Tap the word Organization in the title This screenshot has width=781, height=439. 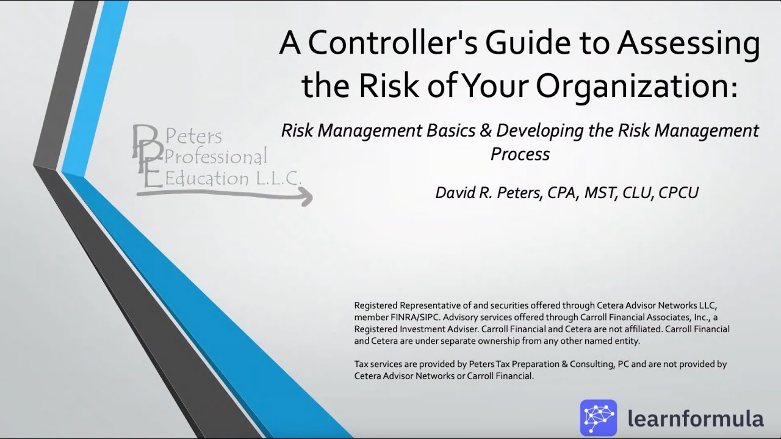click(635, 86)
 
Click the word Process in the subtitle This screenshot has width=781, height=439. click(520, 154)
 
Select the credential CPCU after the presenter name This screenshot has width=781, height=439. click(678, 193)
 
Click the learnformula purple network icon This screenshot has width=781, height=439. click(598, 418)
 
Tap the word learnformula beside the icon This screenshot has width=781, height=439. click(695, 419)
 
